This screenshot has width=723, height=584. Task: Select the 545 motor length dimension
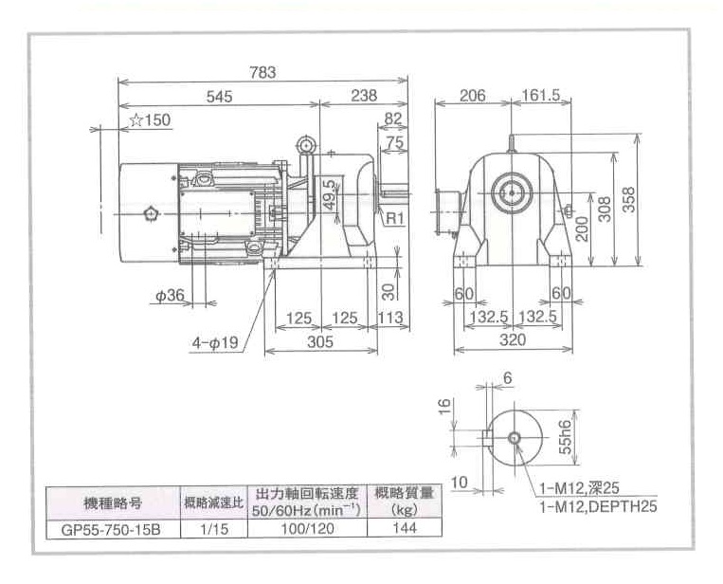[218, 96]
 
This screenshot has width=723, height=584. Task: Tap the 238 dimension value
[363, 96]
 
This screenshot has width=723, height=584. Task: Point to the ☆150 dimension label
[151, 120]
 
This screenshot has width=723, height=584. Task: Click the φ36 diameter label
[170, 296]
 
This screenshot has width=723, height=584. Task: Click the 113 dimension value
[390, 318]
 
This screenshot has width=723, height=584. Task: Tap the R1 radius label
[396, 217]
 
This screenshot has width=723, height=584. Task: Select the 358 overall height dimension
[630, 200]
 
